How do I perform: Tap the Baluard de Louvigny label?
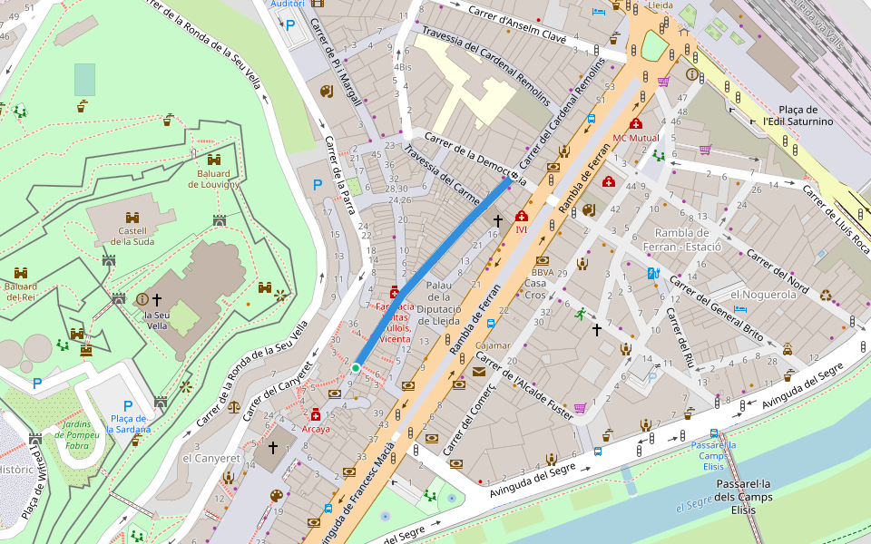coord(213,179)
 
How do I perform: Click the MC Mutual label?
coord(635,138)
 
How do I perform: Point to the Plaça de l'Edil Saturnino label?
coord(798,115)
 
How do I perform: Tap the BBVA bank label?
coord(543,272)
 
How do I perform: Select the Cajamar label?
coord(493,345)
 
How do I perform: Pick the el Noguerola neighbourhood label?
coord(763,295)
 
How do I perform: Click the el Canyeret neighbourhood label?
coord(211,459)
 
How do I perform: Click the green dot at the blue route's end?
coord(356,367)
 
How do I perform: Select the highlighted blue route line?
coord(431,271)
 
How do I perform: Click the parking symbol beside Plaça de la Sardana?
coord(127,405)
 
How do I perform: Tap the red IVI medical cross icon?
coord(522,217)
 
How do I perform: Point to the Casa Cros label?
coord(535,289)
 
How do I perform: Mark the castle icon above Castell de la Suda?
coord(132,218)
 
